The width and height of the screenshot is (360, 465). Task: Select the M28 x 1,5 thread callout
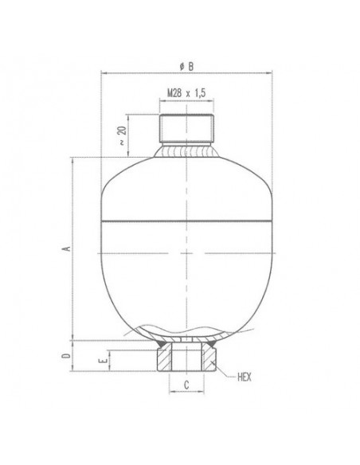[187, 93]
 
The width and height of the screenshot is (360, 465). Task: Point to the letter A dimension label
[68, 248]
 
